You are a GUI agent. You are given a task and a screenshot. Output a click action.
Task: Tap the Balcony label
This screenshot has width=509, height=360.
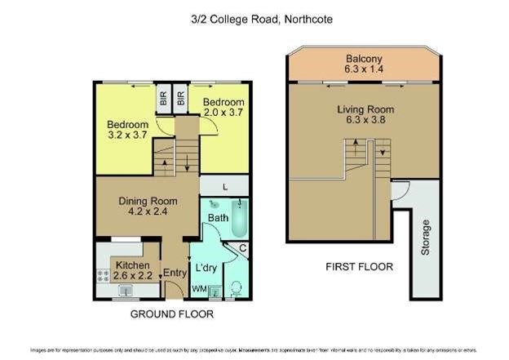pyautogui.click(x=365, y=59)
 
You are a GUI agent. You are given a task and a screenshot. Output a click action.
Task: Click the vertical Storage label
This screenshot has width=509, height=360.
pyautogui.click(x=425, y=237)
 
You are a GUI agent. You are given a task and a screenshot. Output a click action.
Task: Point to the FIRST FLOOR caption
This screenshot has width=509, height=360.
pyautogui.click(x=359, y=266)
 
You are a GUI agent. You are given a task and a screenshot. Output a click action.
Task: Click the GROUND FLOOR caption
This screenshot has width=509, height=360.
pyautogui.click(x=169, y=314)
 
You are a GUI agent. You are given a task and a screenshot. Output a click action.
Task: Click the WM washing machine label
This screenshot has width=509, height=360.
pyautogui.click(x=198, y=289)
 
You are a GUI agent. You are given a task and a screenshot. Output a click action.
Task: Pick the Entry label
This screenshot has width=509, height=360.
pyautogui.click(x=175, y=273)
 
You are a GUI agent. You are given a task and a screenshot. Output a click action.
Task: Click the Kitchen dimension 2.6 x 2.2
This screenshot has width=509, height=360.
pyautogui.click(x=131, y=277)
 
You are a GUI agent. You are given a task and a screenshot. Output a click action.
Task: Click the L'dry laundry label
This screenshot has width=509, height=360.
pyautogui.click(x=204, y=269)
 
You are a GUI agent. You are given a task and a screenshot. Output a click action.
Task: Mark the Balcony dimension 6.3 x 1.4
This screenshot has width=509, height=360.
pyautogui.click(x=365, y=69)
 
